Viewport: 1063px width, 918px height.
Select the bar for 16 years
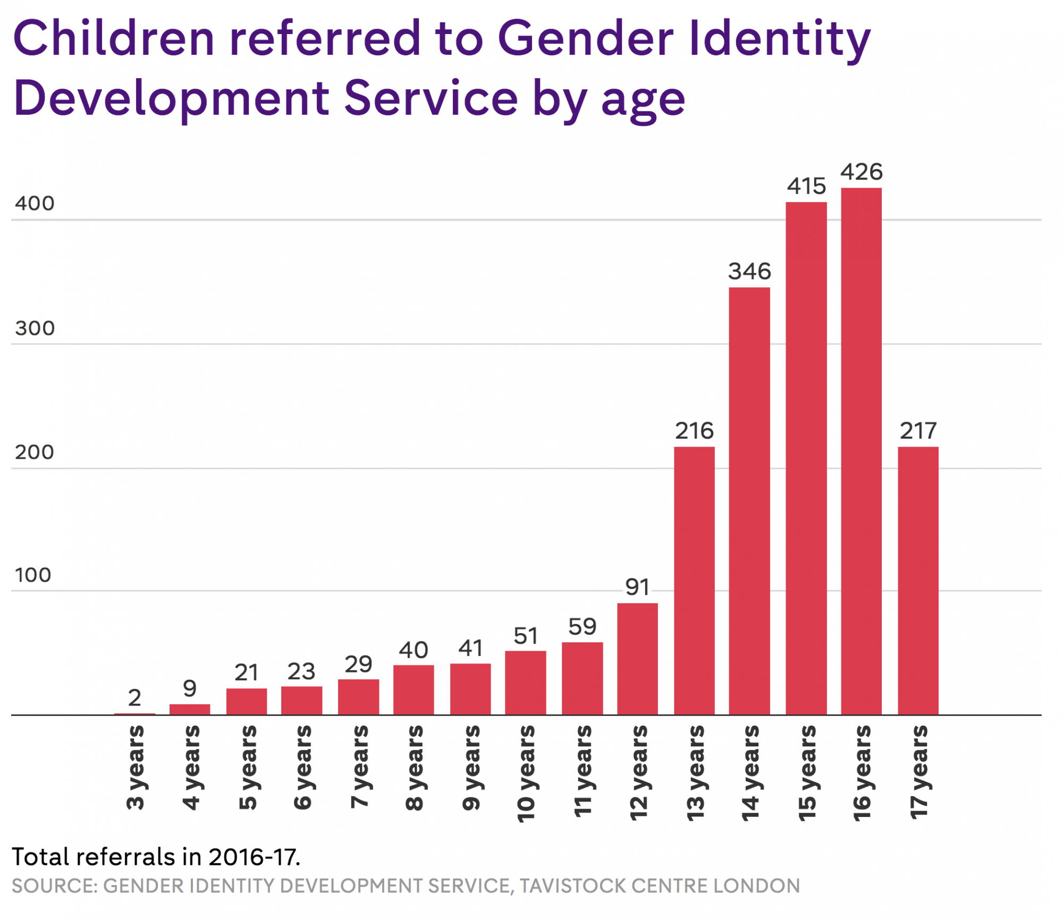point(861,452)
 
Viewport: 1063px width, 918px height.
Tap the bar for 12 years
point(637,659)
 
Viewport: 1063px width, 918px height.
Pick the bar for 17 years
point(918,581)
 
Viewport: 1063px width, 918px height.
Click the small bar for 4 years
point(190,710)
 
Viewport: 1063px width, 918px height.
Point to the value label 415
point(806,187)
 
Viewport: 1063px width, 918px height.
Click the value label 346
point(749,272)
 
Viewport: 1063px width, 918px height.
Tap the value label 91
point(637,587)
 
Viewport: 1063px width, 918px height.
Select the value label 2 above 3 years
point(134,697)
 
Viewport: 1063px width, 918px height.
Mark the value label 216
point(694,431)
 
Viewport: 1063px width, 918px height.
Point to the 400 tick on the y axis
point(35,204)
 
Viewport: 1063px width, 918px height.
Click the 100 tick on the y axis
point(33,575)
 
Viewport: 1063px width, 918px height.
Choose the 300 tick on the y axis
point(35,329)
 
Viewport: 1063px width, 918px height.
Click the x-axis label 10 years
point(526,773)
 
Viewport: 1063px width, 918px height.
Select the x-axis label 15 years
point(806,773)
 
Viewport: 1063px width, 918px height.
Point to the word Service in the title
point(431,98)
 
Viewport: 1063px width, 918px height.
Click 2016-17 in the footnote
point(254,857)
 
